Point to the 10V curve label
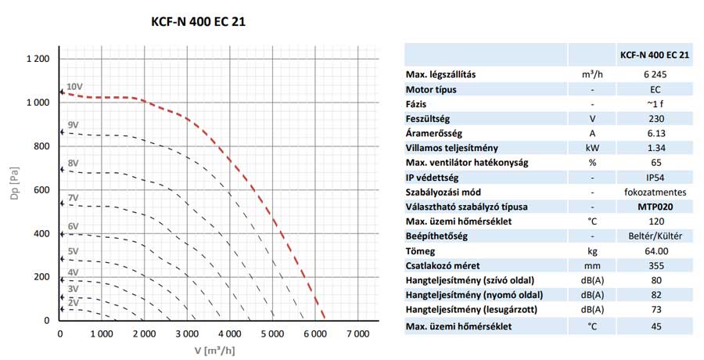coord(74,87)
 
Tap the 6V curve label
coord(73,226)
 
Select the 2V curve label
coord(73,302)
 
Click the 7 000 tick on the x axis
coord(357,334)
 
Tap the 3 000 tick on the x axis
coord(187,334)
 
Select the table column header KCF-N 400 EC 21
coord(654,56)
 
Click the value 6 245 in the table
coord(654,74)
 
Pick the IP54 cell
coord(654,178)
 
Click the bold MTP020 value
coord(654,207)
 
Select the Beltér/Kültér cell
coord(654,236)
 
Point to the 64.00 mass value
coord(654,251)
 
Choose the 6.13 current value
coord(654,133)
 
